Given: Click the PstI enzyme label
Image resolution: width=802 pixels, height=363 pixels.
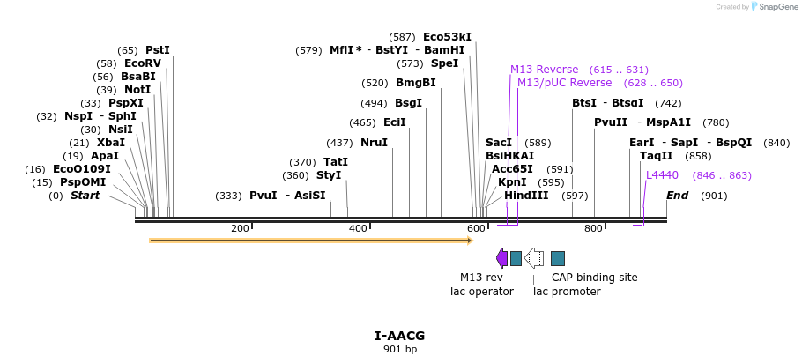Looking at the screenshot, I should click(158, 50).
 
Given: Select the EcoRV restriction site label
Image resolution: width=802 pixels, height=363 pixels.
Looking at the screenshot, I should click(143, 63).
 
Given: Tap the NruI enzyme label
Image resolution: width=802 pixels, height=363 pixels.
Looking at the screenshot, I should click(374, 143).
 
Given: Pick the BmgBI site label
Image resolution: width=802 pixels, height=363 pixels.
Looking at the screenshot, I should click(415, 83).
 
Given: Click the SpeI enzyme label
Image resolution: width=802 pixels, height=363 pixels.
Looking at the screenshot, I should click(444, 63).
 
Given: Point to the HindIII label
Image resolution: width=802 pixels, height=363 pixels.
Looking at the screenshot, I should click(526, 196).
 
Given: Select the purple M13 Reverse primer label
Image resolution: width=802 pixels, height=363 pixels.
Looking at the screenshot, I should click(544, 70).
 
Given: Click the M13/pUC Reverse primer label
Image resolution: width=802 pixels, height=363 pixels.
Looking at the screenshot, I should click(564, 83).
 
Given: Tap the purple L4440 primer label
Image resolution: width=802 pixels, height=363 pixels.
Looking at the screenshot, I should click(662, 175).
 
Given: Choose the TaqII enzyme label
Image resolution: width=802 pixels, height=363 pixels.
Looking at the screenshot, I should click(657, 156).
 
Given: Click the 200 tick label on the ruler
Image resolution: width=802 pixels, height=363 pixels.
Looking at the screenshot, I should click(240, 229).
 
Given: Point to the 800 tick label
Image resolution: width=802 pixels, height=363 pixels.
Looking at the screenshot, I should click(593, 229).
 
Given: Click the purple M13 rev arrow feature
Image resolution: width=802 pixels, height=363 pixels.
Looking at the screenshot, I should click(501, 258).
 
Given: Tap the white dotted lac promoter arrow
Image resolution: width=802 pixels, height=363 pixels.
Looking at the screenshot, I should click(534, 258).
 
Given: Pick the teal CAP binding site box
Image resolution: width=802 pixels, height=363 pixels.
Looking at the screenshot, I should click(558, 258).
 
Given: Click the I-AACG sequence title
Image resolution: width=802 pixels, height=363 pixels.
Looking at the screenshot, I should click(400, 336).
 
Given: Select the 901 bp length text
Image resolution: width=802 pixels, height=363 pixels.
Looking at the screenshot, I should click(400, 349).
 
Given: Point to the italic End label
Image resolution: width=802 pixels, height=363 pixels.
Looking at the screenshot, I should click(677, 196).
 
